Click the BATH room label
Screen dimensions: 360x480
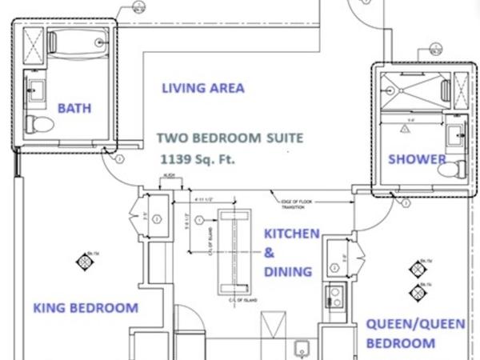click(x=74, y=108)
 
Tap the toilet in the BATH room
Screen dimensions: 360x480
click(x=40, y=123)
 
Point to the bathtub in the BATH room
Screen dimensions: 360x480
click(x=78, y=42)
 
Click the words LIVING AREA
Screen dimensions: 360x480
click(x=202, y=88)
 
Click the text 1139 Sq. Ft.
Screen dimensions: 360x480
click(x=197, y=158)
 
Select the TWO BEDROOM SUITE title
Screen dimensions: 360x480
click(x=230, y=138)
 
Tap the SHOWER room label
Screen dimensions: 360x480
click(x=416, y=159)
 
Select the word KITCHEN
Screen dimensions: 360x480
click(x=291, y=234)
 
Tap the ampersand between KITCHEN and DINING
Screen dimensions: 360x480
click(x=269, y=253)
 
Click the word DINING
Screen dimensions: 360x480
click(x=287, y=272)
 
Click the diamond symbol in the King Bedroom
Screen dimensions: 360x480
click(x=85, y=260)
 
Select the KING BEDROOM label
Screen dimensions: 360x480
click(x=85, y=308)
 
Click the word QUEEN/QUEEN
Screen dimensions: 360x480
click(x=405, y=324)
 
